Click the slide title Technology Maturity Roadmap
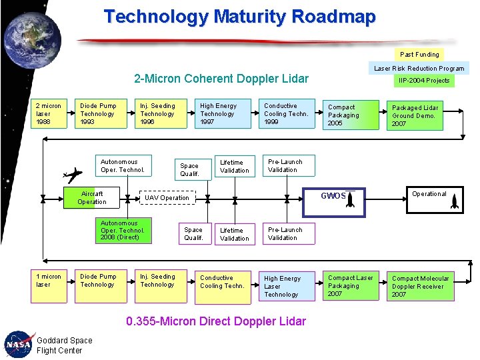point(239,17)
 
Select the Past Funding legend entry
point(419,54)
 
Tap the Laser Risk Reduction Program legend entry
point(419,68)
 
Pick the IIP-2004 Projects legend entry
point(424,81)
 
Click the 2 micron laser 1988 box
point(49,114)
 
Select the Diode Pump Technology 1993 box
point(100,114)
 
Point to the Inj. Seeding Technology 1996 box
point(159,114)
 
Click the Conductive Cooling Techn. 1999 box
point(286,114)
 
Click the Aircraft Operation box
point(93,198)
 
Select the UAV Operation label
point(167,198)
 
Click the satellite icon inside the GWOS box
point(350,199)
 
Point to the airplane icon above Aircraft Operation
point(73,175)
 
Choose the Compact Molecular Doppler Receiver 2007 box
point(421,286)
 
